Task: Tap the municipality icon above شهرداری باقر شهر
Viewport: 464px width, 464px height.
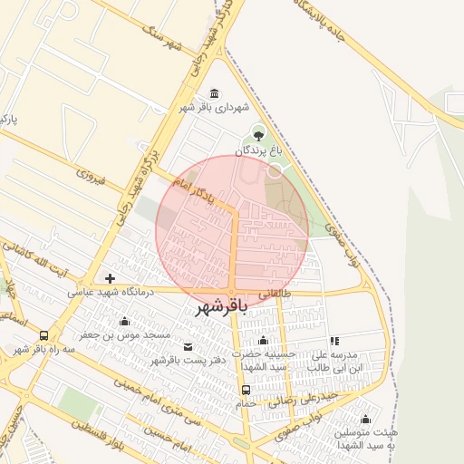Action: (214, 93)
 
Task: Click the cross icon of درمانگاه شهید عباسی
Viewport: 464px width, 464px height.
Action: (111, 278)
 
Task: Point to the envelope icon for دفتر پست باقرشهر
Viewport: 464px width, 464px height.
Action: (188, 346)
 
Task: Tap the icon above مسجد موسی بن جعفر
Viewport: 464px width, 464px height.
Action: (124, 321)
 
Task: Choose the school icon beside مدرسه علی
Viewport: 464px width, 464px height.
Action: (334, 342)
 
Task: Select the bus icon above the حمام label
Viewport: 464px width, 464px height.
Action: (246, 391)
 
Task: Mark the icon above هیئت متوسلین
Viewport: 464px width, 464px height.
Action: (365, 419)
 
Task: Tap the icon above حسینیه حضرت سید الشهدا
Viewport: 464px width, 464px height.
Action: (263, 340)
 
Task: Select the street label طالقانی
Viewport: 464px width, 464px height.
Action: (277, 294)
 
